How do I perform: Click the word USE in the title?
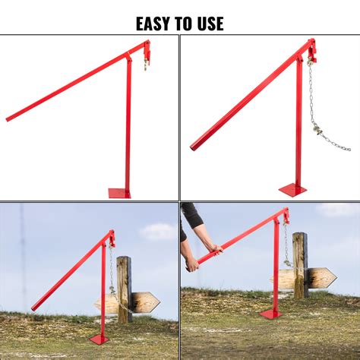(209, 23)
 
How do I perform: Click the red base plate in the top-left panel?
(119, 193)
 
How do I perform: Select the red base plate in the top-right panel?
(293, 189)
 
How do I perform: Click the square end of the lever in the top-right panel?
(194, 146)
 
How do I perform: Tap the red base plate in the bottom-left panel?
(100, 338)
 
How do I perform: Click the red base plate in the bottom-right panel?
(270, 313)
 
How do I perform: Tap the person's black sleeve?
(189, 216)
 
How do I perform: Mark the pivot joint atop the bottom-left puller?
(111, 237)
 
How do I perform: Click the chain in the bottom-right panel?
(286, 243)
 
